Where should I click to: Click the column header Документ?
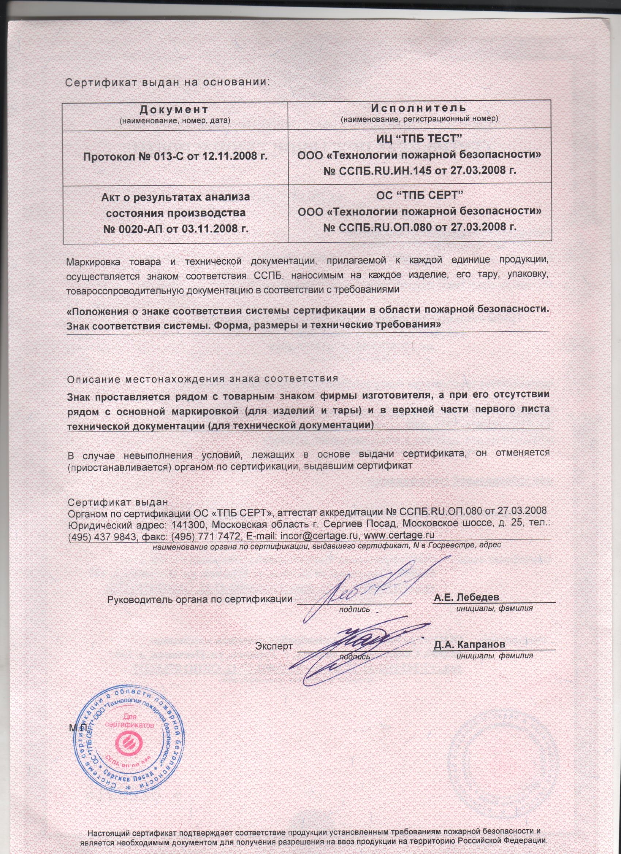[174, 109]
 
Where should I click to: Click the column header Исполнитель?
[419, 108]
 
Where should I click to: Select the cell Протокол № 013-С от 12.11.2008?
[175, 156]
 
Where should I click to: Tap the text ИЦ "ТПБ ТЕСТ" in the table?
[419, 139]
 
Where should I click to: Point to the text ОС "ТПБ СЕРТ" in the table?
[419, 195]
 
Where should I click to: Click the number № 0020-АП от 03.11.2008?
[176, 228]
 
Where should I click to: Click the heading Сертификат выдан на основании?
[168, 82]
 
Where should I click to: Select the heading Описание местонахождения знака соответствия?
[202, 378]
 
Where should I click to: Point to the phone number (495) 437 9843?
[102, 536]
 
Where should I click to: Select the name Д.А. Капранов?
[469, 644]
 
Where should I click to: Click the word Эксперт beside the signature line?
[274, 646]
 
